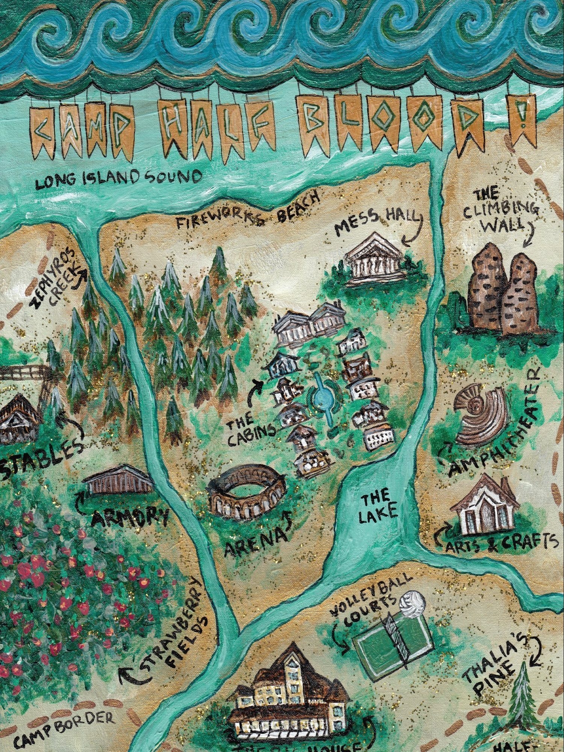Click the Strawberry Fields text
pyautogui.click(x=177, y=635)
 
